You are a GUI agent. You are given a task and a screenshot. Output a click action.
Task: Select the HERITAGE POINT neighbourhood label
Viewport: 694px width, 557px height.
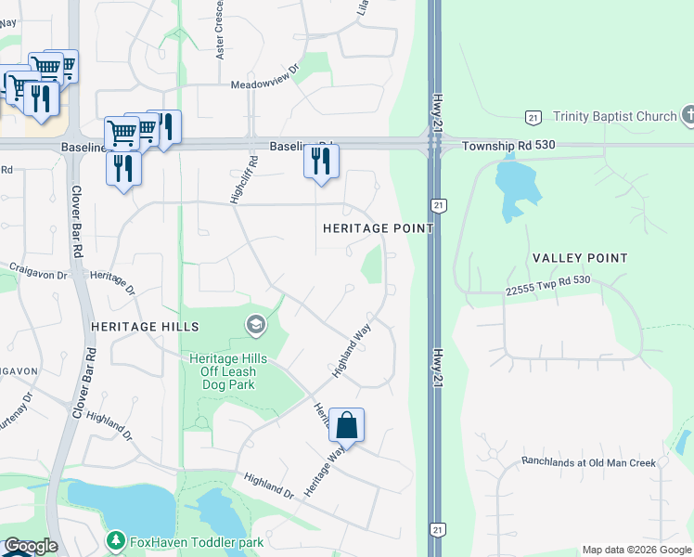(x=378, y=228)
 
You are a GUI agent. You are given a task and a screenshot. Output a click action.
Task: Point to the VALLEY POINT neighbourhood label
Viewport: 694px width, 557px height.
(x=580, y=258)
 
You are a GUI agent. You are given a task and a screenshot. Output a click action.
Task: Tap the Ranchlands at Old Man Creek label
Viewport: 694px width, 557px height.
(x=588, y=462)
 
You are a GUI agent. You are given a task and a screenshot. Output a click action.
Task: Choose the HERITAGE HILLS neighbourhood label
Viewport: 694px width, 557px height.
(x=146, y=327)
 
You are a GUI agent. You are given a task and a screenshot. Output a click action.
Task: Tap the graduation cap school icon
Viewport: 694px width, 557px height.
(x=254, y=325)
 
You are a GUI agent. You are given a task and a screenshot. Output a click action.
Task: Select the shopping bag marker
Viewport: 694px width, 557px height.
(x=346, y=425)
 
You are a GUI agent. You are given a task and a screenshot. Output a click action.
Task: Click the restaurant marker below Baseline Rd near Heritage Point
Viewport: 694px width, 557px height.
(x=321, y=162)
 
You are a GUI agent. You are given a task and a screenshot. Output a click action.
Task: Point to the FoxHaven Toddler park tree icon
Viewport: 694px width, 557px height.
(x=115, y=540)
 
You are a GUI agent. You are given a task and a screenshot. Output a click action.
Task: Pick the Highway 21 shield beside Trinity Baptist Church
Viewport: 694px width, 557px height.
(x=533, y=117)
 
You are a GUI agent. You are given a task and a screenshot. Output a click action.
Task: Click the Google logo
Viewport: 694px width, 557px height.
(x=30, y=547)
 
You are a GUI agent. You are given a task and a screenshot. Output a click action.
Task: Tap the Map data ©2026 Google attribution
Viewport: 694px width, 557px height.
(x=636, y=550)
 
